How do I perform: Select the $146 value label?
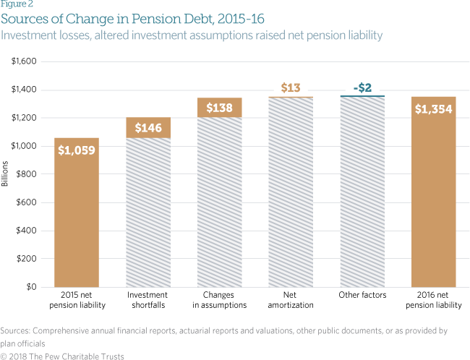point(149,128)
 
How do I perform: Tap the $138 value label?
point(221,108)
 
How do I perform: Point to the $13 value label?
point(291,88)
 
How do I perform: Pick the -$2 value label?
point(362,88)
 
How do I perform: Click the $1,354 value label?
point(433,110)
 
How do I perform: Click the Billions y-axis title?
point(6,173)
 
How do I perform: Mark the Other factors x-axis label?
point(362,295)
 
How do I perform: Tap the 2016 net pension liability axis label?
point(433,300)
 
